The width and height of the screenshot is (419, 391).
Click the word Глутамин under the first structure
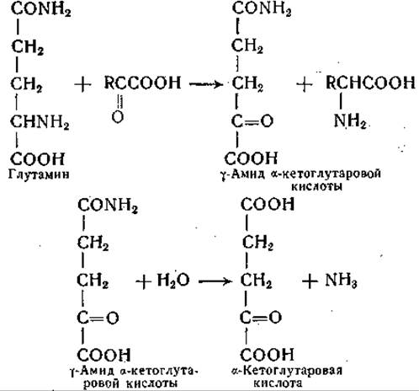(x=39, y=174)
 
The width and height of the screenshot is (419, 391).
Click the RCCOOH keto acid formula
(x=142, y=83)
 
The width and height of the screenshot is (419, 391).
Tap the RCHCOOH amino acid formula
(x=370, y=83)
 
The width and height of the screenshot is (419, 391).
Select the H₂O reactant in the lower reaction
(x=173, y=281)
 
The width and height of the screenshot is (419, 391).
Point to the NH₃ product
(x=341, y=281)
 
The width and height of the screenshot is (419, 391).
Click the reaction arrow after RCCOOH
(x=206, y=84)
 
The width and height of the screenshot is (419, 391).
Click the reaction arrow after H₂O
(x=215, y=281)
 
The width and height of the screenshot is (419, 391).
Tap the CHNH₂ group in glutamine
(x=40, y=122)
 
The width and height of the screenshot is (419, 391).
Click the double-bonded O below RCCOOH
(x=118, y=116)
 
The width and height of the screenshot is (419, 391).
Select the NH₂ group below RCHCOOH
(x=350, y=121)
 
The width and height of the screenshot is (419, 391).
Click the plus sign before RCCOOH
(x=82, y=84)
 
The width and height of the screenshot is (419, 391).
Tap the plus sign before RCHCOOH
(x=305, y=84)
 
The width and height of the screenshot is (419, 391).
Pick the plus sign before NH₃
(x=310, y=281)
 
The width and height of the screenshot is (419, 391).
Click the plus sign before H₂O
(x=144, y=281)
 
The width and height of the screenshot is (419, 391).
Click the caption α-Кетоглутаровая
(x=287, y=371)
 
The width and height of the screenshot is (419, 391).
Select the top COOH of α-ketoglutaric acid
(x=268, y=205)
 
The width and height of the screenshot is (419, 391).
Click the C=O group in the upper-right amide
(x=252, y=121)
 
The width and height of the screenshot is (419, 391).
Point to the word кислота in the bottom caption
(x=278, y=383)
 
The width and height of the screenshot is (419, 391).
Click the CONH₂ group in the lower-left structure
(x=108, y=206)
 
